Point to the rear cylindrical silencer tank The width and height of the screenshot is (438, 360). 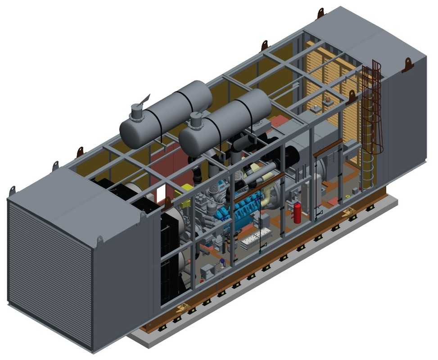click(167, 112)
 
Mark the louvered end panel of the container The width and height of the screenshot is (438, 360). click(50, 270)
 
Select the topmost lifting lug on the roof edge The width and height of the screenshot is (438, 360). click(321, 13)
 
